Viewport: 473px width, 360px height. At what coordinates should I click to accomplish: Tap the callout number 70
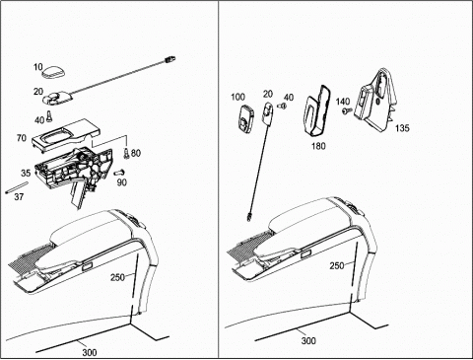coord(22,138)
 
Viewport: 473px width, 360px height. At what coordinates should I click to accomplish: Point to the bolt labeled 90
coord(119,173)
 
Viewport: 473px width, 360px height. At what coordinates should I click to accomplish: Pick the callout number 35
coord(26,173)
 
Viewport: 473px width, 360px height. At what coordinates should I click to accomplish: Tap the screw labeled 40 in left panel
coord(49,116)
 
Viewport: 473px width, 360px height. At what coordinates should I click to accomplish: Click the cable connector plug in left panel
coord(169,59)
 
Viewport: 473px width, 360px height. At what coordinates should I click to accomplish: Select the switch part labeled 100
coord(246,119)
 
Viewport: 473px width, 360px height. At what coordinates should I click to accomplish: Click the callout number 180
coord(318,145)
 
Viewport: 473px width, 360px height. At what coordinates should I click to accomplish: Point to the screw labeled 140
coord(347,111)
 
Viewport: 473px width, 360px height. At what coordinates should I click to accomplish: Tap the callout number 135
coord(402,128)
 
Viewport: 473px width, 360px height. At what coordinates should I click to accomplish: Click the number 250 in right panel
coord(337,265)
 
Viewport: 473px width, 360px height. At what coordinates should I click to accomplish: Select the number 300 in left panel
coord(90,352)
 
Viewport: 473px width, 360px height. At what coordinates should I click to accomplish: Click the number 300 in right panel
coord(308,340)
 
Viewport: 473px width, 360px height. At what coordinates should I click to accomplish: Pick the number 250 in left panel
coord(117,277)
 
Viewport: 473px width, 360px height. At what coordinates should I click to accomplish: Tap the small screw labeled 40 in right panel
coord(281,106)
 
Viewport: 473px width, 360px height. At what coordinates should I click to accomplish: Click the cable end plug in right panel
coord(249,217)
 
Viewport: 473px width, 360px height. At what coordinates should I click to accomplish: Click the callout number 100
coord(237,97)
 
